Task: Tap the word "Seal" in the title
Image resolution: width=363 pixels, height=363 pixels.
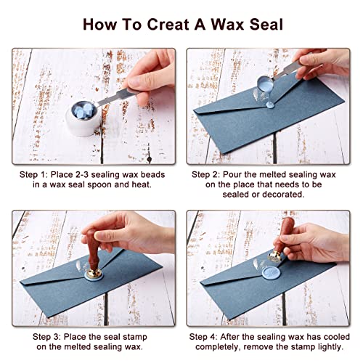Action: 258,23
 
